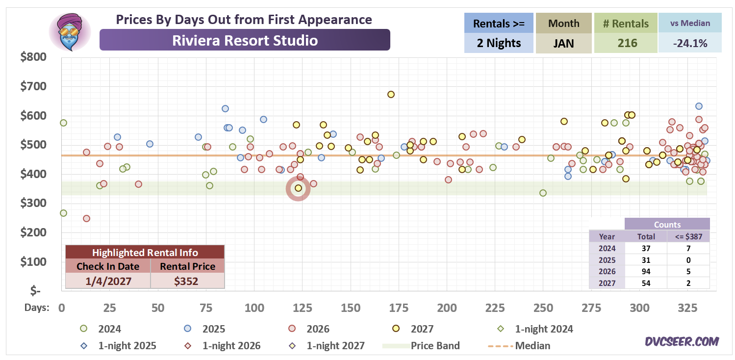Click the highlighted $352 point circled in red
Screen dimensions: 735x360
pos(298,188)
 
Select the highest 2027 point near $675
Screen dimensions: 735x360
pos(391,95)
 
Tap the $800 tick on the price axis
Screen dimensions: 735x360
pos(33,57)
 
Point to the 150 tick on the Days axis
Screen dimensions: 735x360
pos(351,308)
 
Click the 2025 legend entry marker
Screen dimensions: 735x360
pos(187,329)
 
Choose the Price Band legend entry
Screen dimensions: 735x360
pos(421,346)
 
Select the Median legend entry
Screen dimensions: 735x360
pos(519,346)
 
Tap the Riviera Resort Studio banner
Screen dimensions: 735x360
pos(245,40)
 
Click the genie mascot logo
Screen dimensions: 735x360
pos(70,32)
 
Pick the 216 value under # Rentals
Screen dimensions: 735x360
pos(627,43)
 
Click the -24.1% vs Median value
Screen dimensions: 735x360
pos(690,43)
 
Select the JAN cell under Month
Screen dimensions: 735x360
pos(563,43)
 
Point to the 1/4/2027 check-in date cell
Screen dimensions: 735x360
pos(108,281)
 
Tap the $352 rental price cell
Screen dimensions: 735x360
pos(186,281)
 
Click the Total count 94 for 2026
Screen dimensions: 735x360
pos(646,271)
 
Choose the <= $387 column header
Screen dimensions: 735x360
pos(688,236)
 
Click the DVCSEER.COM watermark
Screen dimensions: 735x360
pos(682,341)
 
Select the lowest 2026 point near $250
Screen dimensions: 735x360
pos(86,219)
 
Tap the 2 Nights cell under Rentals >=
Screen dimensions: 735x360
pos(499,43)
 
